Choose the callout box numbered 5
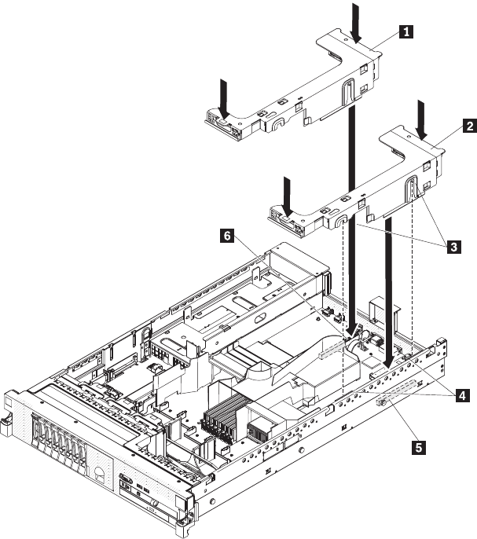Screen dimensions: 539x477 [x=420, y=448]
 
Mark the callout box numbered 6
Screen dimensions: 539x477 [x=226, y=235]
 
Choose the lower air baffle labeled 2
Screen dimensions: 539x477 [x=361, y=185]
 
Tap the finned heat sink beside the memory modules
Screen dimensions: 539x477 [x=259, y=431]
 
